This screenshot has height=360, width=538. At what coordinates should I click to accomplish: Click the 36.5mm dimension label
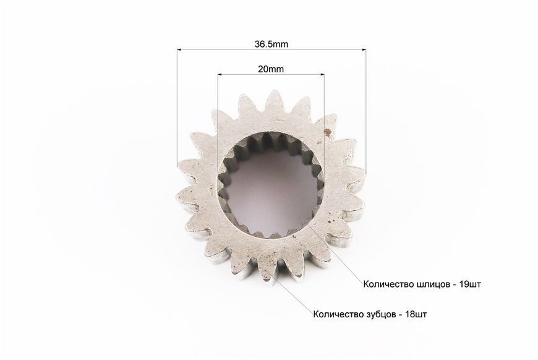[271, 44]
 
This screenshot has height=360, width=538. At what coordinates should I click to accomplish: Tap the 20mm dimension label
[271, 69]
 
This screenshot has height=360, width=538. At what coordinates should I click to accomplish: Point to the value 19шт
[470, 285]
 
